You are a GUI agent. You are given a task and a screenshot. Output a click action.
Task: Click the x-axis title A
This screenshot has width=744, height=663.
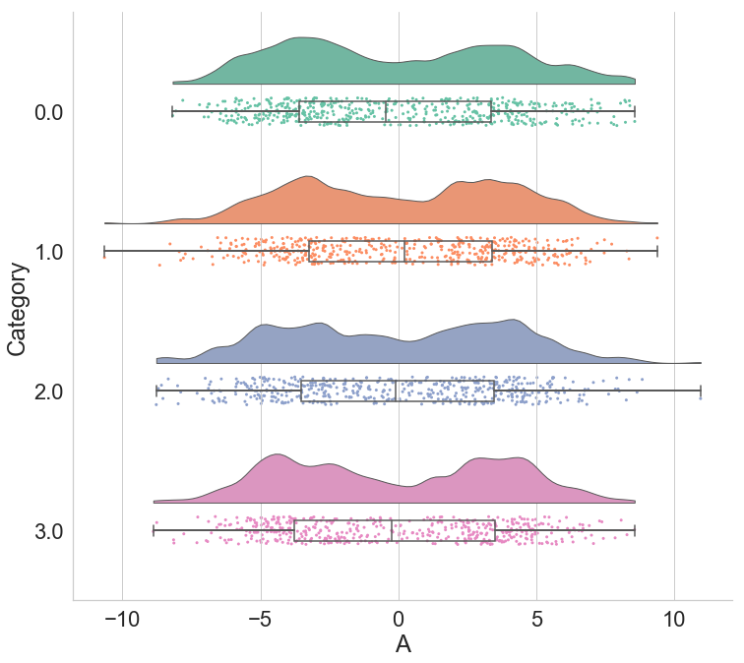[403, 644]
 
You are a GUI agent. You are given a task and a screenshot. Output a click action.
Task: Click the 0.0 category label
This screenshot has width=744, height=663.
[48, 113]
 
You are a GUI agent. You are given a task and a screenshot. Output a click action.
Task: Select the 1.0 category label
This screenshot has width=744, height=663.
[48, 252]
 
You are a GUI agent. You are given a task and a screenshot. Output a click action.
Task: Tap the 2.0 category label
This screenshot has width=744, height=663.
[48, 392]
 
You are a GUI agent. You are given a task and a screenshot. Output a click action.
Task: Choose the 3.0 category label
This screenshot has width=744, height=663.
[48, 531]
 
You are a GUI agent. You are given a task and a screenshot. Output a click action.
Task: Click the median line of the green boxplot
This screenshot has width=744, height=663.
[386, 111]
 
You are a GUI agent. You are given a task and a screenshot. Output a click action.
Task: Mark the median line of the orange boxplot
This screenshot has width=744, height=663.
[404, 251]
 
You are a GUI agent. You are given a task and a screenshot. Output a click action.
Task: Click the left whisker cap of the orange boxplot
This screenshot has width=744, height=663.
[104, 251]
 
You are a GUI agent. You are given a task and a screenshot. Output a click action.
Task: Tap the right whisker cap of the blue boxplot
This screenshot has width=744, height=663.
[700, 391]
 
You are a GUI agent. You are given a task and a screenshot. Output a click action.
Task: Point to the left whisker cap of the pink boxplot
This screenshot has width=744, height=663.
[154, 530]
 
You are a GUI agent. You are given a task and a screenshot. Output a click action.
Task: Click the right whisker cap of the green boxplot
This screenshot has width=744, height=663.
[635, 111]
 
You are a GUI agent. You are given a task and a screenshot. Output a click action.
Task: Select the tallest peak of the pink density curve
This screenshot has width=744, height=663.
[278, 454]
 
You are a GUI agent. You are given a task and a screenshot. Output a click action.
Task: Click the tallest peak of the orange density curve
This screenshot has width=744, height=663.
[308, 176]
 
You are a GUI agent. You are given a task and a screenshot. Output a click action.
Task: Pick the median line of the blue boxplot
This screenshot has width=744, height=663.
[396, 391]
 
